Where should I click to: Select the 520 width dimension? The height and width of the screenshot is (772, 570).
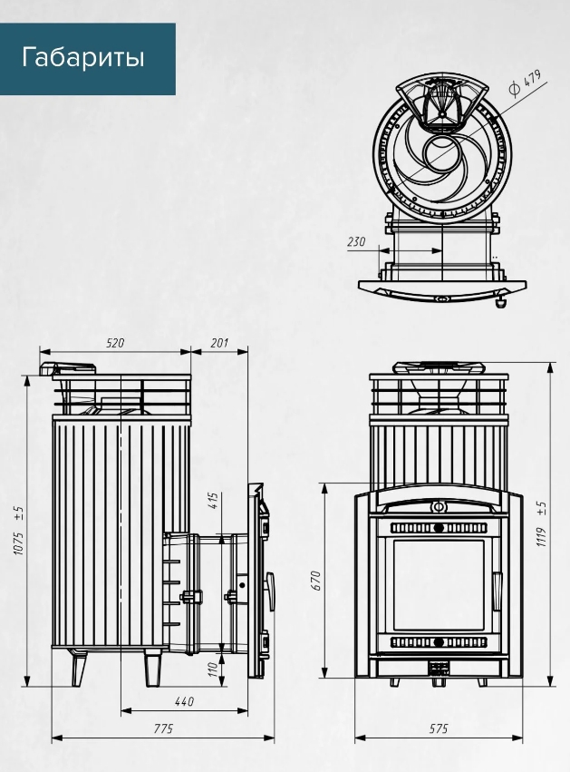115,343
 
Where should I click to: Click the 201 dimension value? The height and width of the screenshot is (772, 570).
219,343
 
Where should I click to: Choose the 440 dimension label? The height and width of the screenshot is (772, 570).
184,700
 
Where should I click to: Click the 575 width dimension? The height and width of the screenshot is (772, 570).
440,728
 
